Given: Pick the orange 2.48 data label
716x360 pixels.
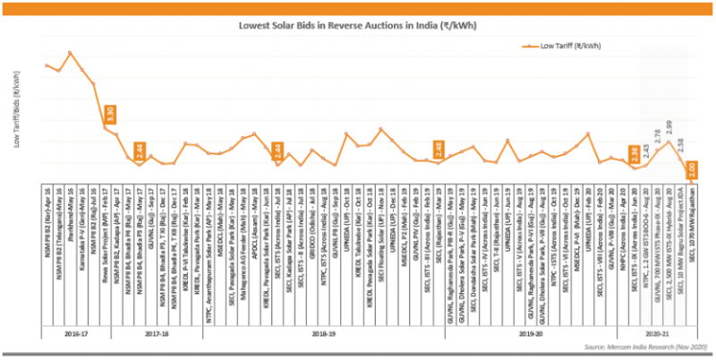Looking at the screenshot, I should tap(439, 150).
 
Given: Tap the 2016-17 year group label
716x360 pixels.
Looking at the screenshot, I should tap(75, 333).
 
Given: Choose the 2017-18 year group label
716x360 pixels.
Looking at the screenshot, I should tap(156, 333).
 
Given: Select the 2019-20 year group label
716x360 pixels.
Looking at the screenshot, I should tap(529, 333).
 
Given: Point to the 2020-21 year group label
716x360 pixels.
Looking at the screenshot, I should tap(664, 333).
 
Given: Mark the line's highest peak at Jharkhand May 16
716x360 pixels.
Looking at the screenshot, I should tap(71, 53).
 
